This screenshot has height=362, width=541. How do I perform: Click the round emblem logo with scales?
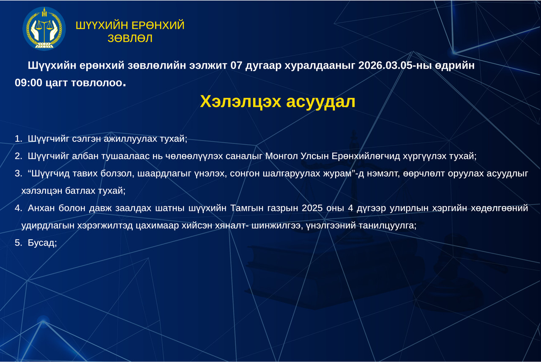click(44, 29)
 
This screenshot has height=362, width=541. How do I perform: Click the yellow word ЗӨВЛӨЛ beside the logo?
click(130, 39)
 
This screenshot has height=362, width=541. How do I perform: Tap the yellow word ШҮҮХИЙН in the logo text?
click(98, 25)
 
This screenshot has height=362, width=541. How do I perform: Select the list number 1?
click(18, 139)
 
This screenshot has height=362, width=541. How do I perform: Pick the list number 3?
click(18, 174)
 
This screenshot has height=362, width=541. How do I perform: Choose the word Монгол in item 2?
click(281, 156)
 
